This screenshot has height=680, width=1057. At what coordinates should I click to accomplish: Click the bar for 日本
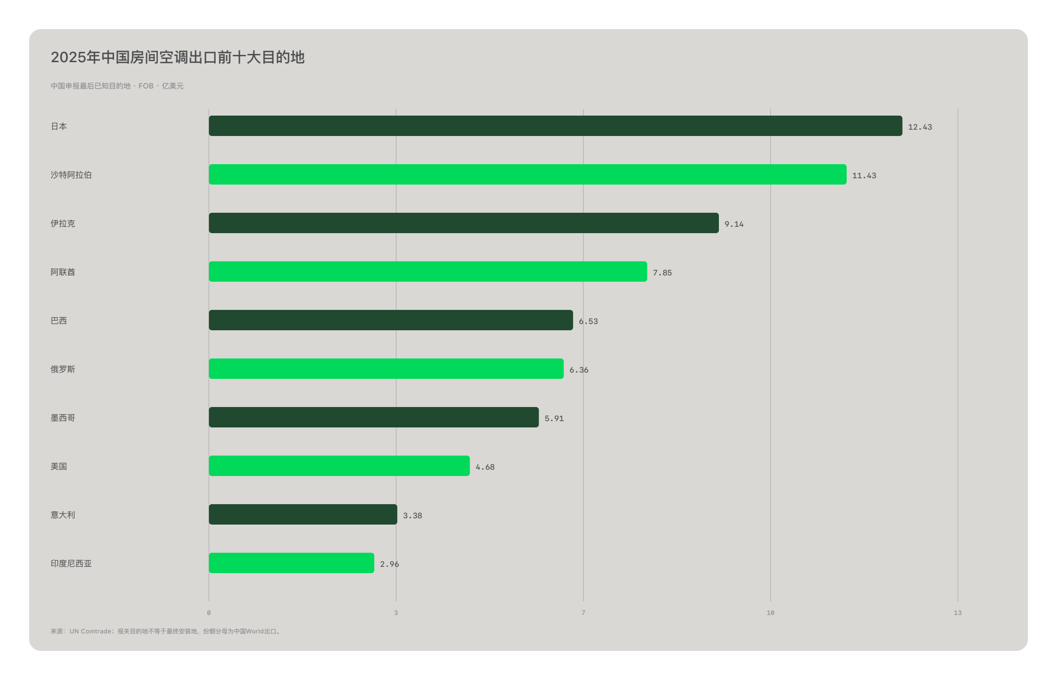tap(555, 126)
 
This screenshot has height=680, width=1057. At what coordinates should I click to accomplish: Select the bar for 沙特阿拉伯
tap(528, 174)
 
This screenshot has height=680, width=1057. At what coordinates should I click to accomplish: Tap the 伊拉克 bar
tap(464, 223)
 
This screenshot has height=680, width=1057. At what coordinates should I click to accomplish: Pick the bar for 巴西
tap(391, 320)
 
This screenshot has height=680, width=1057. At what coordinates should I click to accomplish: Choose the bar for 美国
tap(339, 466)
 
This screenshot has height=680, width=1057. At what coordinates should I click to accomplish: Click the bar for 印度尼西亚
tap(291, 563)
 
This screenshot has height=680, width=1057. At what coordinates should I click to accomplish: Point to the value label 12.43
tap(920, 127)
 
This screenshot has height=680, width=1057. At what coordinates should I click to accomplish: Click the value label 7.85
tap(662, 273)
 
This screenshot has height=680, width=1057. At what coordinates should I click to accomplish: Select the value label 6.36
tap(579, 370)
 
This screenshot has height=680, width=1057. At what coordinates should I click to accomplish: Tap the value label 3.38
tap(412, 516)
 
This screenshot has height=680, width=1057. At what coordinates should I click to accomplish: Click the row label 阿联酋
tap(63, 272)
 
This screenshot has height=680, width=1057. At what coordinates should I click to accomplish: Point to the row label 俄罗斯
tap(63, 369)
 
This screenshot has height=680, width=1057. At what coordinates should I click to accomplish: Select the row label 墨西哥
tap(63, 418)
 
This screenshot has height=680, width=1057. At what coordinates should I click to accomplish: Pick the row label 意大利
tap(63, 515)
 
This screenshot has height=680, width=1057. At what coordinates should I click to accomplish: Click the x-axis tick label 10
tap(770, 613)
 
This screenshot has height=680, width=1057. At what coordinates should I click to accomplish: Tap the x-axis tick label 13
tap(957, 613)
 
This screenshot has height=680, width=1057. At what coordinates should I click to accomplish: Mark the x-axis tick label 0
tap(209, 613)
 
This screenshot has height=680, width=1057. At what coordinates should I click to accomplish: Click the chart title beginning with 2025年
tap(178, 57)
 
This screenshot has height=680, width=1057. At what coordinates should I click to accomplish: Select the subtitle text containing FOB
tap(117, 86)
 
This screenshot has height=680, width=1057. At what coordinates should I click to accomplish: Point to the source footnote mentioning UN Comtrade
tap(166, 631)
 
